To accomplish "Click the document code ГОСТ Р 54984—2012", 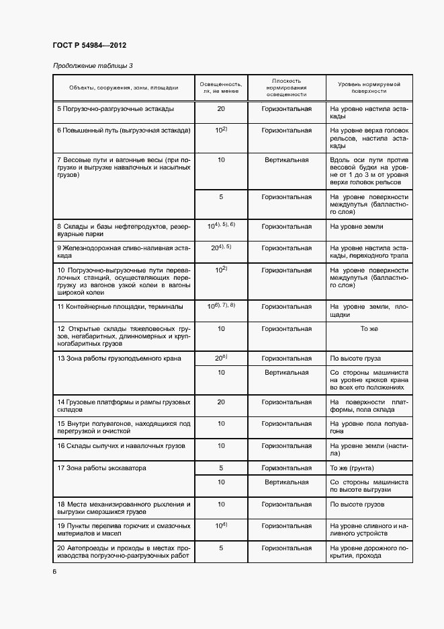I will pyautogui.click(x=89, y=46).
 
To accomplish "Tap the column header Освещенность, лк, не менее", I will pyautogui.click(x=221, y=87).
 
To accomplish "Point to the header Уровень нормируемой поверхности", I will pyautogui.click(x=369, y=87).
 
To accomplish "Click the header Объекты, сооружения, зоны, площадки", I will pyautogui.click(x=124, y=87).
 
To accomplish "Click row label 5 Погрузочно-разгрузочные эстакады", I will pyautogui.click(x=116, y=109).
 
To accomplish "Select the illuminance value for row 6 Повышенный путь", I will pyautogui.click(x=221, y=129).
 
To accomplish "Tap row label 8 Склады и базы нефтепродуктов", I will pyautogui.click(x=124, y=231).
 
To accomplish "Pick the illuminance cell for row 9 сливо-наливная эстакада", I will pyautogui.click(x=221, y=247).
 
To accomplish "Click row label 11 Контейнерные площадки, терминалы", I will pyautogui.click(x=120, y=306).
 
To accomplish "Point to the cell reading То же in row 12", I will pyautogui.click(x=369, y=329).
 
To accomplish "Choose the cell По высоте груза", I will pyautogui.click(x=356, y=359).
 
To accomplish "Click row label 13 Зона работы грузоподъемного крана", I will pyautogui.click(x=119, y=359).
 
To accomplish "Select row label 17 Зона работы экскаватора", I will pyautogui.click(x=101, y=468).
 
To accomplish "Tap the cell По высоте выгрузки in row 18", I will pyautogui.click(x=357, y=504).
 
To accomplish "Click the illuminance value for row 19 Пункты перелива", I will pyautogui.click(x=221, y=525).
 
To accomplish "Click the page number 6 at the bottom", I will pyautogui.click(x=54, y=571).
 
